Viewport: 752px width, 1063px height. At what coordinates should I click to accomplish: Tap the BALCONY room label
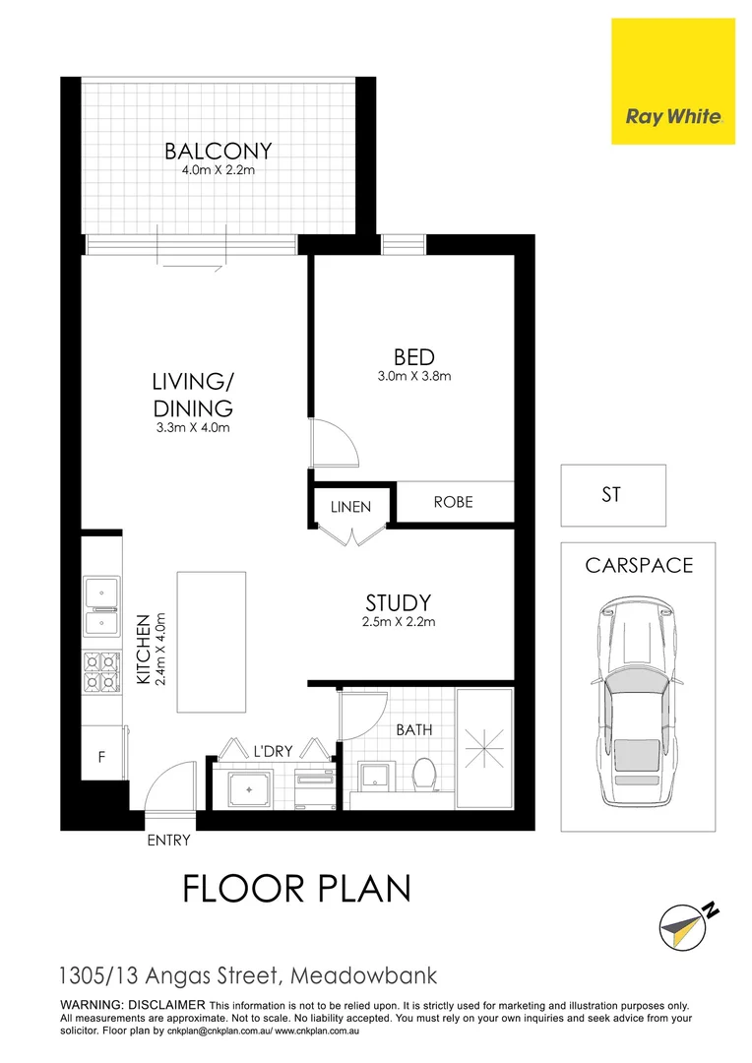[218, 152]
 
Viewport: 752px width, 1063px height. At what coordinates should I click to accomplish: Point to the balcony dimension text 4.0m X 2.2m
[218, 170]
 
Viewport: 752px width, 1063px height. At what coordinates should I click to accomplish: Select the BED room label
[413, 357]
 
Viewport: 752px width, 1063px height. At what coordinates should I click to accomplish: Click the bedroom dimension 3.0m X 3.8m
[413, 376]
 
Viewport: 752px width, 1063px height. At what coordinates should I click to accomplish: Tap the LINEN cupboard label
[351, 507]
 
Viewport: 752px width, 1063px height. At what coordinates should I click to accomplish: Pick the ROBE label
[453, 502]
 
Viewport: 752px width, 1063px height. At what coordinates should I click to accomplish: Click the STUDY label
[399, 602]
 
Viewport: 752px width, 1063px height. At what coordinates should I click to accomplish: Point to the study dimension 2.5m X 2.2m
[400, 621]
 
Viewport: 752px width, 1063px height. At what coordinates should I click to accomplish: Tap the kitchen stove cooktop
[100, 669]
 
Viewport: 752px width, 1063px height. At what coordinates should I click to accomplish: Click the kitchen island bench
[212, 642]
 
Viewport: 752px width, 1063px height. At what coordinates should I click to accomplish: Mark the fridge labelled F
[99, 759]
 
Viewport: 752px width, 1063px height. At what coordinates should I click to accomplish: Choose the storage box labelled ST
[612, 495]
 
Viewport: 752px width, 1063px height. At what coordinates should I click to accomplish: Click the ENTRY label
[167, 841]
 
